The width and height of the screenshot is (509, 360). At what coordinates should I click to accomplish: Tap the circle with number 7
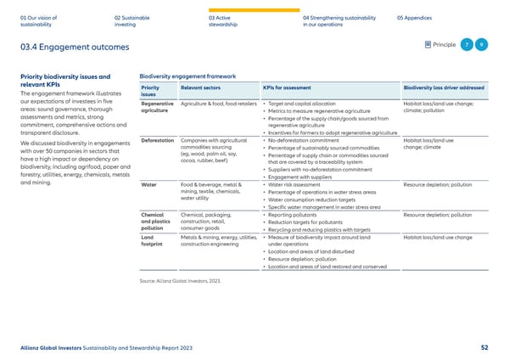point(465,45)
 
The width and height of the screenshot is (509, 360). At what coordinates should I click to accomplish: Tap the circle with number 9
point(480,45)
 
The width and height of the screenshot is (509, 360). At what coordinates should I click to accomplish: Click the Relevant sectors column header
point(201,87)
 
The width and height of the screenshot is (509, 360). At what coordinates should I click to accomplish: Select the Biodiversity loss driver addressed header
point(444,87)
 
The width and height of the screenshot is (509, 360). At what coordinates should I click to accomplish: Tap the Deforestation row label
point(159,140)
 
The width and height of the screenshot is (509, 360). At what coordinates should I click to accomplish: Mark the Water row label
point(148,183)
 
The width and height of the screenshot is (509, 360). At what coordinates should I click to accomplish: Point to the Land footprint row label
point(153,241)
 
